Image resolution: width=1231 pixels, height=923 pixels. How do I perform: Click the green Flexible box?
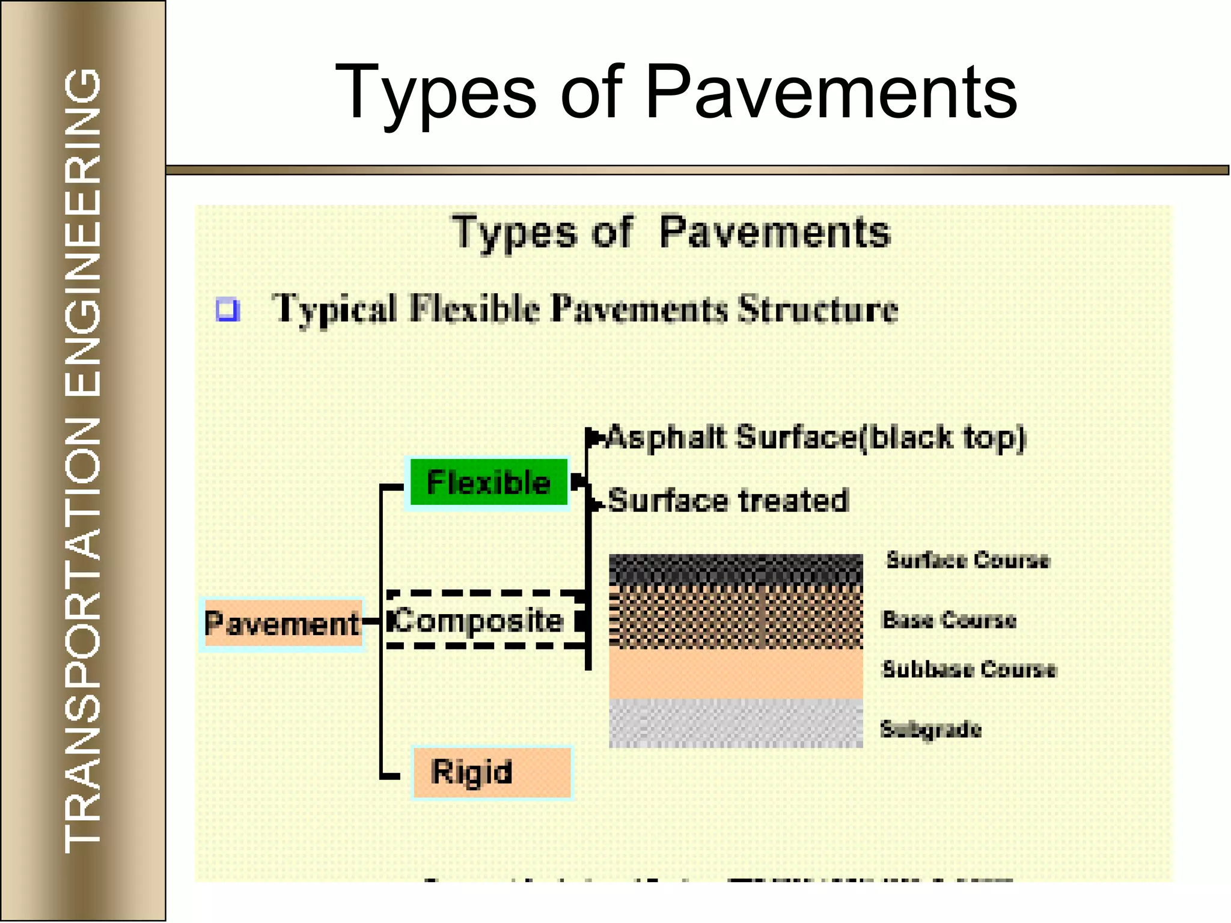pos(488,483)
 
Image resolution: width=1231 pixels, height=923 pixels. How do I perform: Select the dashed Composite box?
pos(484,620)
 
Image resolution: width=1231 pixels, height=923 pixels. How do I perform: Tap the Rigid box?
pos(492,772)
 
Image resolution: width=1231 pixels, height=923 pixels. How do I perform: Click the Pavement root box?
pos(282,624)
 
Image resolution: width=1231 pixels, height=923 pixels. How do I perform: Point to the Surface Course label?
pos(968,560)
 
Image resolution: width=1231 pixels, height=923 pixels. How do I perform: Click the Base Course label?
pos(948,620)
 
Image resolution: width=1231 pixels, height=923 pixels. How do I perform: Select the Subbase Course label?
pos(968,669)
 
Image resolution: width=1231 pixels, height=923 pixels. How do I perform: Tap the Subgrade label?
pos(930,729)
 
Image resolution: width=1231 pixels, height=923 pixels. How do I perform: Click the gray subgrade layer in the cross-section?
pos(736,723)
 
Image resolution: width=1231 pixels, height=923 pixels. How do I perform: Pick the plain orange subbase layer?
pos(736,673)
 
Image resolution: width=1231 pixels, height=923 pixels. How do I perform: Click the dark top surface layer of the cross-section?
pos(736,568)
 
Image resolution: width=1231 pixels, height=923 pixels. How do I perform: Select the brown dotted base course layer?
pos(736,616)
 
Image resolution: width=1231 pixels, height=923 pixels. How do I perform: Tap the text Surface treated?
pos(728,500)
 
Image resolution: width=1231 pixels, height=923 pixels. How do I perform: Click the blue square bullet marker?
pos(228,309)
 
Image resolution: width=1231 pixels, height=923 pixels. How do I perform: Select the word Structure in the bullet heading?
pos(817,309)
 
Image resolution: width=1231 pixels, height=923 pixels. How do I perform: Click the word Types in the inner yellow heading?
pos(514,233)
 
